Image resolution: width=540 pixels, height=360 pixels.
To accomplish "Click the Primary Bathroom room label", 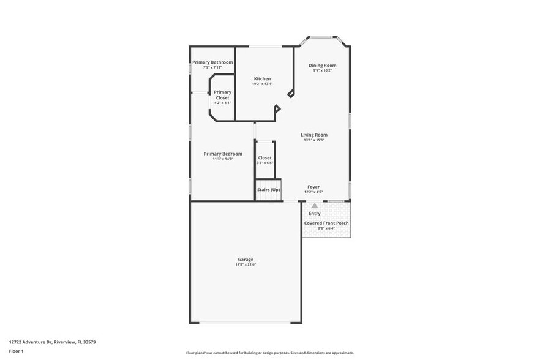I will pos(212,62).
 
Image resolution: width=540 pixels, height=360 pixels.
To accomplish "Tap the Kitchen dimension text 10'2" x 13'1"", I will pos(262,84).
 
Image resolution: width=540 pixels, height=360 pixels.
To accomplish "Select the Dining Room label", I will pos(322,66).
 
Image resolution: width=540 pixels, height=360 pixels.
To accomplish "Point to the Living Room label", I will pos(313,135).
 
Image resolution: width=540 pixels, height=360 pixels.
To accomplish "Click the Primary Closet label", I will pos(222,95).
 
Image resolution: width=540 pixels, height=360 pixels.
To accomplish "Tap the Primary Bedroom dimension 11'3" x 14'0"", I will pos(223,159).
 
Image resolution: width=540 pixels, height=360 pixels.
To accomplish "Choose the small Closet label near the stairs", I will pos(264,158).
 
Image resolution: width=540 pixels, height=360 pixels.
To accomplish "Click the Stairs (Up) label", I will pos(268,190).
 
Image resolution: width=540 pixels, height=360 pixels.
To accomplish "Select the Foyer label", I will pos(313,187).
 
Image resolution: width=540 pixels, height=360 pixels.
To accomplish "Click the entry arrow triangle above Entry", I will pos(314,206).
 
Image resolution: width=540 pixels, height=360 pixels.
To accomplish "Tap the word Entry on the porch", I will pos(314,214).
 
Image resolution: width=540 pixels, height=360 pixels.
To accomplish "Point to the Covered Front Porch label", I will pos(326,223).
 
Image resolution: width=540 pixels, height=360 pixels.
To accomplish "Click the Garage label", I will pos(246,260).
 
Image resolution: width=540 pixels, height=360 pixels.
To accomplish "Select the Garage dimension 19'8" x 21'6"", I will pos(246,264).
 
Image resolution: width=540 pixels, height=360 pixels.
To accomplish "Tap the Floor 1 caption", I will pos(16,351).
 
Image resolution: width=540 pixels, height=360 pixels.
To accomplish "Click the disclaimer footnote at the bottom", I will pos(269,353).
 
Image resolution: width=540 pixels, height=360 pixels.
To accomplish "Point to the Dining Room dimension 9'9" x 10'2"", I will pos(322,70).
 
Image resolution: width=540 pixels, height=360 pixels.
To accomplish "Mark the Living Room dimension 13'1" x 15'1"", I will pos(313,140).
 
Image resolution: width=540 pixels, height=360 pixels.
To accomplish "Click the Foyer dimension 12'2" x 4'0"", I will pos(313,192).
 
